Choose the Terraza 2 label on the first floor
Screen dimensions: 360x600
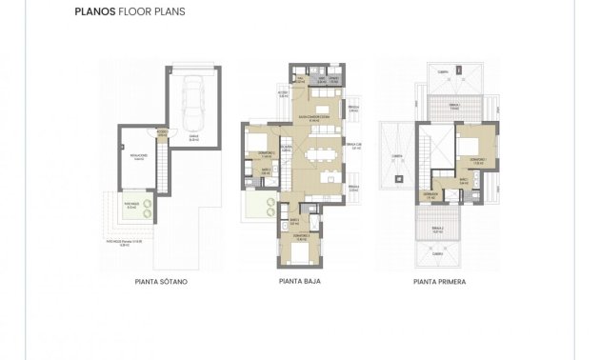(x=437, y=230)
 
